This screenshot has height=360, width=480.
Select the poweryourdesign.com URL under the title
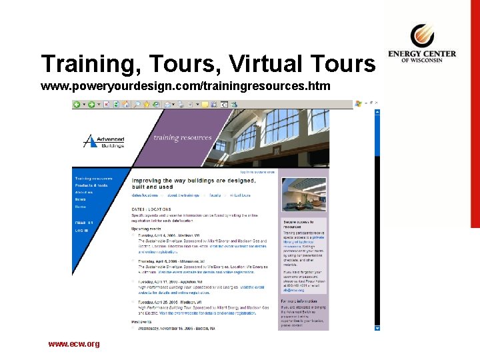[x=185, y=87]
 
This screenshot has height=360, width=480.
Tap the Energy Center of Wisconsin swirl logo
[x=421, y=35]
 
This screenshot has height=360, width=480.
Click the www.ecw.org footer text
[x=73, y=344]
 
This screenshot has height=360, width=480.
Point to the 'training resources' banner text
[x=177, y=138]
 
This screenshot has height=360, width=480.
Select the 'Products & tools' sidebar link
[x=91, y=185]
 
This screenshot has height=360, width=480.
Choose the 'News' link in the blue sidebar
[x=80, y=199]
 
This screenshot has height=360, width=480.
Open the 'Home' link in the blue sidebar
[x=81, y=207]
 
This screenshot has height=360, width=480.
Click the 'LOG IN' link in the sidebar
[x=81, y=230]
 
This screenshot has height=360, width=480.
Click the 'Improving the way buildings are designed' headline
[x=193, y=181]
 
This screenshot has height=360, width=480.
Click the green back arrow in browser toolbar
[x=77, y=105]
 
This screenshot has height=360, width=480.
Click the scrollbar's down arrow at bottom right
[x=378, y=327]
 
